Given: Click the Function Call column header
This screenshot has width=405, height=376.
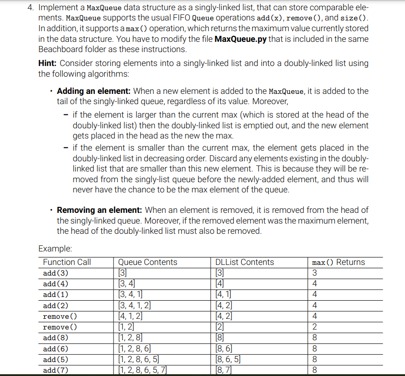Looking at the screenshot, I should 67,262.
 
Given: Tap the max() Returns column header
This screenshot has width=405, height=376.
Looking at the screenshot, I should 339,262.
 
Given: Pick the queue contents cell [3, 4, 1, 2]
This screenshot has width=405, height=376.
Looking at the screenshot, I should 134,305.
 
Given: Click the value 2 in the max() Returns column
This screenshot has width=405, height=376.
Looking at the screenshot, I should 315,326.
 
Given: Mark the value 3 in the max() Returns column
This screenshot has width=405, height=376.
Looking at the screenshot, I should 315,273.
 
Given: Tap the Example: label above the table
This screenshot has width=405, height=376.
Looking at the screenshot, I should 55,248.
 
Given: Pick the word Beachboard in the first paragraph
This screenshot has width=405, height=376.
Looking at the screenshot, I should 62,49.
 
